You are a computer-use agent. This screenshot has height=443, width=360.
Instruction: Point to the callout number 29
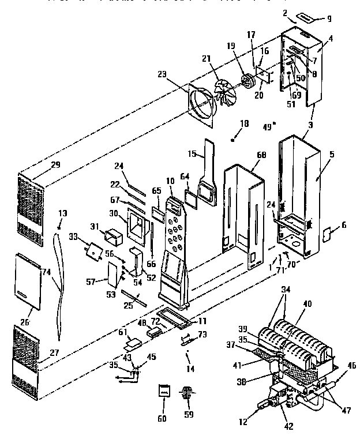pyautogui.click(x=55, y=165)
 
